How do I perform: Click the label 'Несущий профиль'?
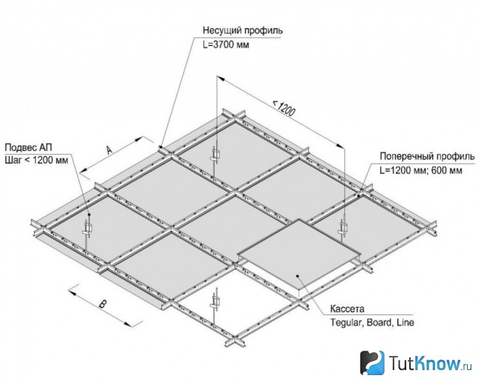243,30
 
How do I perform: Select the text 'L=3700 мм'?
226,45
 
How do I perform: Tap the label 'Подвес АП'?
29,147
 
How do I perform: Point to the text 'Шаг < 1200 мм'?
36,160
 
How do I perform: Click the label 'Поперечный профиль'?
427,156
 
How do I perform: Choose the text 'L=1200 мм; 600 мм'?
420,170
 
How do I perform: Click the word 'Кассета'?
347,309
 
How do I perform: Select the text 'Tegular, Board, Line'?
371,323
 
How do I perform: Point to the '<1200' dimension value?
284,108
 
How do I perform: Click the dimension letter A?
110,150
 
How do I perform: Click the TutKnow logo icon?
372,363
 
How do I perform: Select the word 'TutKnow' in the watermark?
425,363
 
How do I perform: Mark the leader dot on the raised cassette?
297,276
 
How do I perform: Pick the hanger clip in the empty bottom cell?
215,301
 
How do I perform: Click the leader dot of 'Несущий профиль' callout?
161,147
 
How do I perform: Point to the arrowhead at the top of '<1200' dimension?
221,79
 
